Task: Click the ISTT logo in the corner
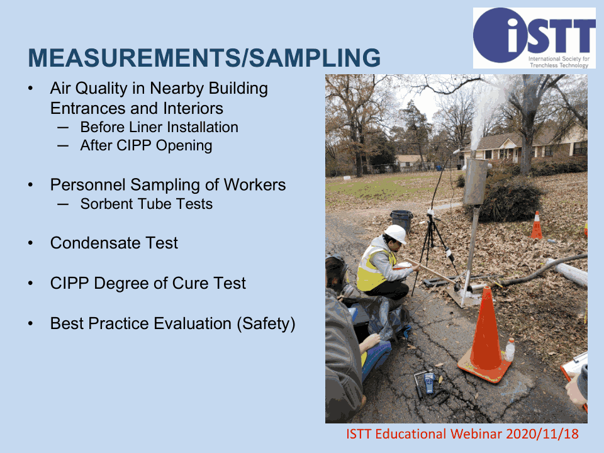click(x=534, y=38)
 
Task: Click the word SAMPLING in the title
click(x=315, y=58)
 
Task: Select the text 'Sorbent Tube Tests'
click(x=147, y=204)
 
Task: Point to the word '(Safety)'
click(x=266, y=324)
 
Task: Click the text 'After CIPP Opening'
click(x=146, y=146)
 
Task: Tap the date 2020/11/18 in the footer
click(x=542, y=434)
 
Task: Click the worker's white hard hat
click(x=396, y=233)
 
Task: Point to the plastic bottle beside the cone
click(x=510, y=350)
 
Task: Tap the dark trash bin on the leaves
click(x=402, y=221)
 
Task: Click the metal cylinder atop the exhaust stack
click(x=476, y=181)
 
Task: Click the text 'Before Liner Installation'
click(x=159, y=127)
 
